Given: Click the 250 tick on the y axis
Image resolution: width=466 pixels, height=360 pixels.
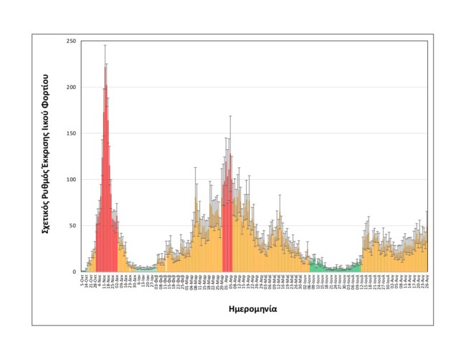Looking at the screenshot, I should click(70, 42).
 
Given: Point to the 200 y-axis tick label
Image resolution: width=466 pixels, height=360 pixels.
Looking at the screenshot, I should click(70, 87).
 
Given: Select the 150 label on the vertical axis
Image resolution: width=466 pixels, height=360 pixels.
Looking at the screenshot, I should click(70, 133).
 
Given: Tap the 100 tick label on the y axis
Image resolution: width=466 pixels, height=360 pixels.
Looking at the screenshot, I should click(70, 180).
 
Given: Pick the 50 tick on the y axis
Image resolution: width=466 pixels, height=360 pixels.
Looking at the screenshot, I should click(72, 226).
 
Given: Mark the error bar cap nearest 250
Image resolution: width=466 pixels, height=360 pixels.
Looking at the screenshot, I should click(105, 45).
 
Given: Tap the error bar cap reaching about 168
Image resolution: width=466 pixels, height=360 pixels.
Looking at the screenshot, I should click(230, 116).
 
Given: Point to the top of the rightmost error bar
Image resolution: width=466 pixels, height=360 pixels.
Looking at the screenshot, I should click(427, 212).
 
